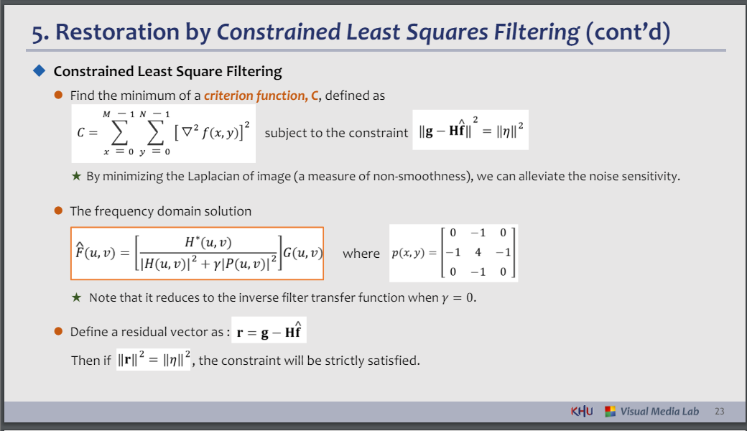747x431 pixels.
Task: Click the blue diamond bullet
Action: pos(39,71)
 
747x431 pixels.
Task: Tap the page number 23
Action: pos(720,412)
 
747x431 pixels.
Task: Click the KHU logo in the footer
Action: pos(582,411)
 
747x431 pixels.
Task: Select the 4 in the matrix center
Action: pos(478,252)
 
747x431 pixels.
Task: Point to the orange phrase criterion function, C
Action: pos(261,96)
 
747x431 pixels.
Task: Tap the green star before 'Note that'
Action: pos(76,297)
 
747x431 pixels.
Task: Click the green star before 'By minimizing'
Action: pos(76,176)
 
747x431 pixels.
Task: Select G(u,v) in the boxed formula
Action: pos(303,252)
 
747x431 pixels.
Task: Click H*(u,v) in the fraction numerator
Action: pos(208,242)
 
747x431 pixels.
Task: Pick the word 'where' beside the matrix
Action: pos(361,254)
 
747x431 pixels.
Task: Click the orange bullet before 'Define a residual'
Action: pos(59,331)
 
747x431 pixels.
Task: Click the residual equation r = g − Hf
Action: pos(269,330)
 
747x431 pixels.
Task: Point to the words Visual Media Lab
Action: pos(659,412)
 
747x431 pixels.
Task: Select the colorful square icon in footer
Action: pos(611,412)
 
